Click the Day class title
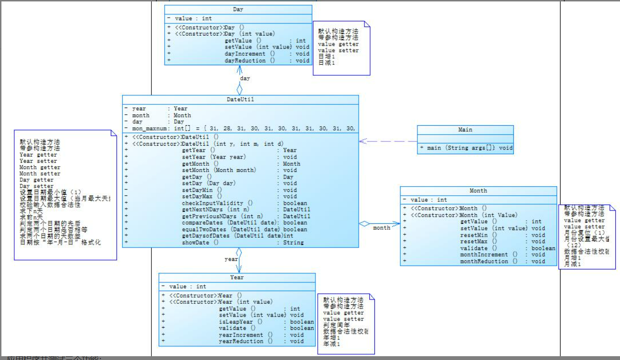coord(238,10)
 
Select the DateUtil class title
coord(240,100)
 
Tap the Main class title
coord(465,130)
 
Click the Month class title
coord(478,190)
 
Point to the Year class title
coord(236,277)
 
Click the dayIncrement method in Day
coord(250,54)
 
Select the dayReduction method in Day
coord(250,60)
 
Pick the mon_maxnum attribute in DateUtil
coord(148,129)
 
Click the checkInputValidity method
coord(217,203)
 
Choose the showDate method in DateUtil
coord(200,242)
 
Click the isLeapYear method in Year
coord(236,321)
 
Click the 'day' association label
coord(245,78)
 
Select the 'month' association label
coord(382,228)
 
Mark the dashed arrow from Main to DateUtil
coord(388,141)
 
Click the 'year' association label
coord(231,260)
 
